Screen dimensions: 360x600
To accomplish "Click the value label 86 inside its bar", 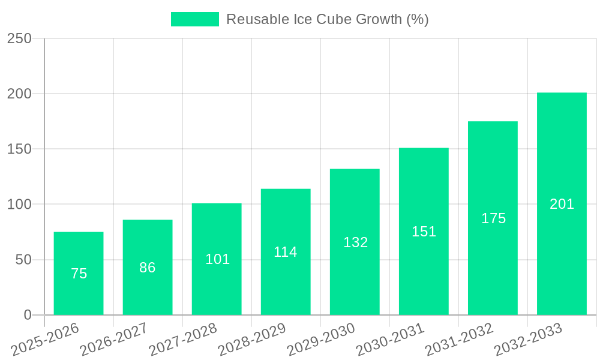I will pos(148,268).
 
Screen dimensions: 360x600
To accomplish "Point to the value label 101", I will pos(217,259).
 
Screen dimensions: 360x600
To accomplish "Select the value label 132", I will pos(355,242).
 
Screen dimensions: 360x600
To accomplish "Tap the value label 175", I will pos(493,218).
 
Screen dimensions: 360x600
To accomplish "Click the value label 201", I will pos(562,204).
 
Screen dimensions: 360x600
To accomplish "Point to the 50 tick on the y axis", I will pos(23,260).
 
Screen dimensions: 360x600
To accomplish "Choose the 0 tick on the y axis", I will pos(28,315).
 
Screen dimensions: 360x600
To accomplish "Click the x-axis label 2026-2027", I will pos(114,339).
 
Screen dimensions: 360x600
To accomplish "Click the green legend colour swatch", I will pos(195,19).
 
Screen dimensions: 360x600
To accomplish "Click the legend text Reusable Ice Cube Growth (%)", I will pos(327,19).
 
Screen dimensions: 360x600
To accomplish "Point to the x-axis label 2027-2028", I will pos(183,339).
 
